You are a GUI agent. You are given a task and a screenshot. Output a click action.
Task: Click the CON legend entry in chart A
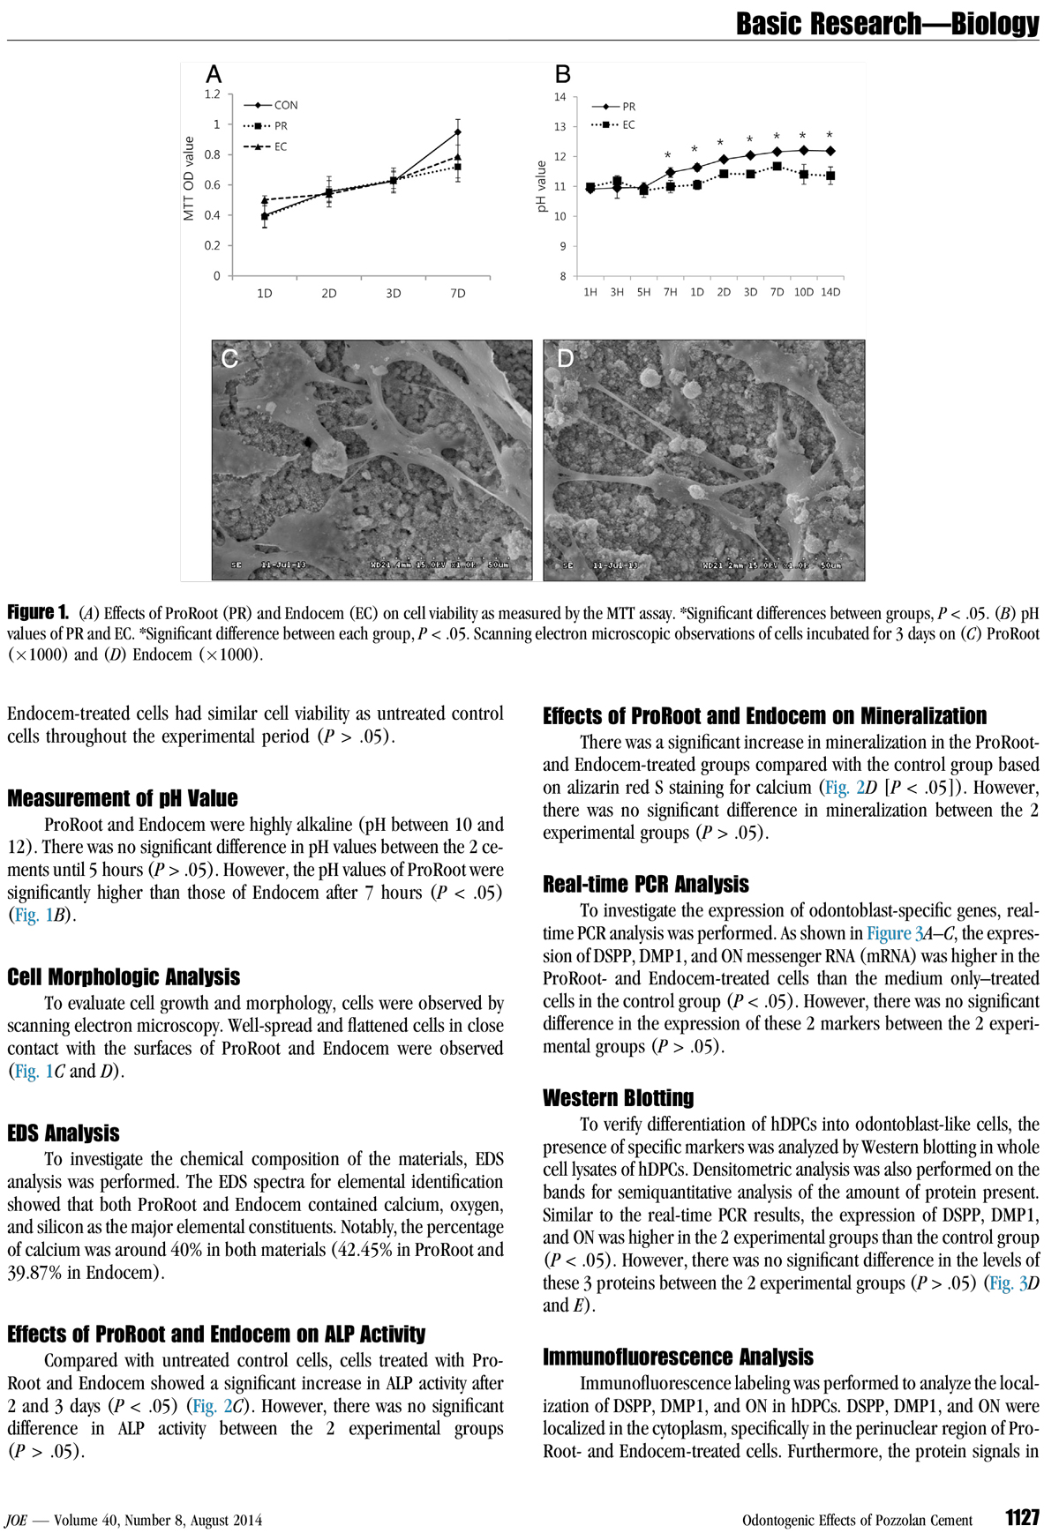(284, 105)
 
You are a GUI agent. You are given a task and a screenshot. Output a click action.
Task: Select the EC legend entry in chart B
(627, 125)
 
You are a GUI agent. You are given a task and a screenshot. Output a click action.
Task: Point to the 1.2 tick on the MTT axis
(212, 94)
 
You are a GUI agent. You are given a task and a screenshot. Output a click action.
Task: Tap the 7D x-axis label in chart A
(457, 293)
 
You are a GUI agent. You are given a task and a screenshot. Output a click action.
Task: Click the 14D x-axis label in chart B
(830, 292)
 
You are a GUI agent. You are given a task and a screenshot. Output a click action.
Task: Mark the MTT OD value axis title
(188, 178)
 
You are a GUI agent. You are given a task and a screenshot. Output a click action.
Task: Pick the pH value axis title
(541, 186)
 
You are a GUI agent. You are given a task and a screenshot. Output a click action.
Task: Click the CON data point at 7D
(457, 132)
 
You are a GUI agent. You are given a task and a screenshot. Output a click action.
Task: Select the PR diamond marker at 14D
(830, 151)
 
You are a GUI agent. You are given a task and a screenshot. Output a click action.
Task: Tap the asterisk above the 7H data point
(668, 156)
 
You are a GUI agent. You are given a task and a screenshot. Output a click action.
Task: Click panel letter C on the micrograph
(229, 358)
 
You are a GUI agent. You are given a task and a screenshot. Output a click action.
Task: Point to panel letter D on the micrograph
(565, 358)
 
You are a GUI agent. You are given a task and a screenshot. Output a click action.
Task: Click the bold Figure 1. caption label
(38, 612)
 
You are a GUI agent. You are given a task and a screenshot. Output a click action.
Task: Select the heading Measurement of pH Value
(123, 798)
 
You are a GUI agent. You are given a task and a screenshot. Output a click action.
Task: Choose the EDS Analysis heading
(64, 1133)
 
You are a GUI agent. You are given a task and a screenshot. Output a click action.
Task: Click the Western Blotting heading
(618, 1098)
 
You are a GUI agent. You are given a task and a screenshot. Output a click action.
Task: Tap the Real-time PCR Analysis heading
(645, 885)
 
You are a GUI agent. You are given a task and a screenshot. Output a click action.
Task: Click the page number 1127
(1022, 1517)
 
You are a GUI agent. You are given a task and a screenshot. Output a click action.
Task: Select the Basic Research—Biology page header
(887, 24)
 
